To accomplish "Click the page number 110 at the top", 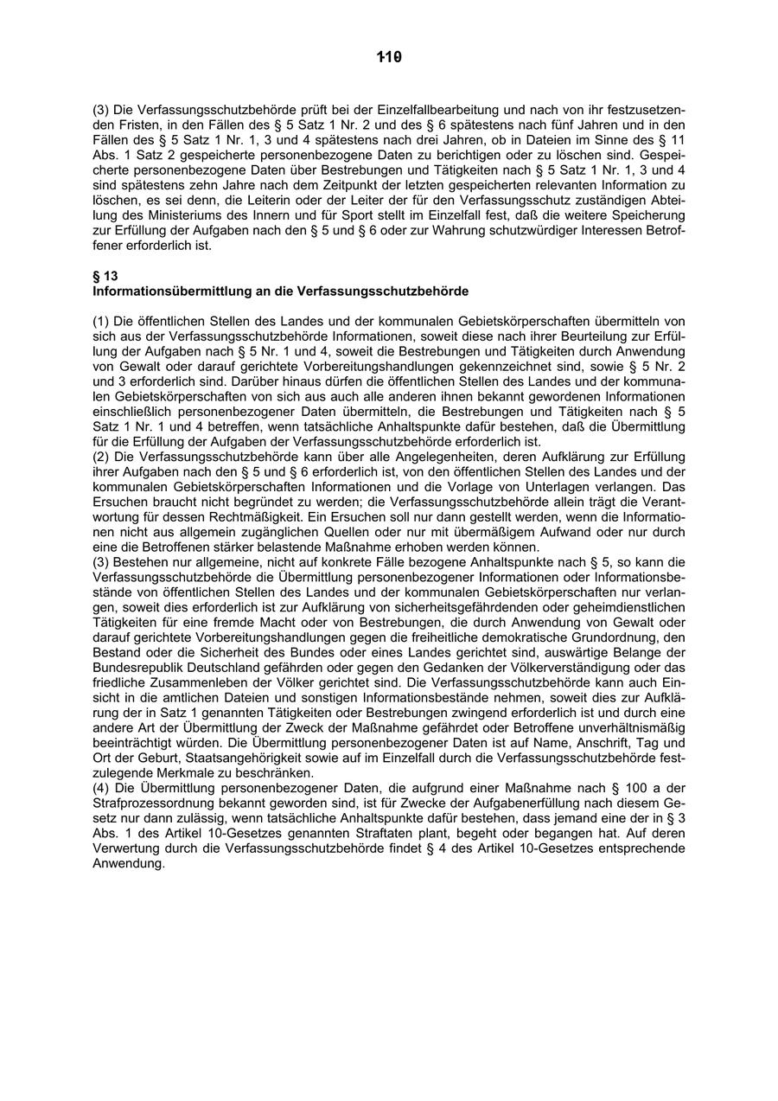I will (x=390, y=58).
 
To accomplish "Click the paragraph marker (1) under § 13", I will (x=101, y=321).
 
